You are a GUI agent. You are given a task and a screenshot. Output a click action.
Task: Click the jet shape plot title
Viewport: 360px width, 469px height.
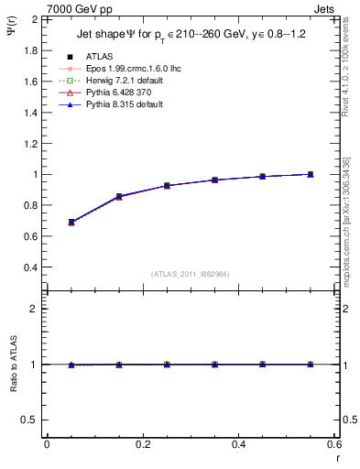[191, 35]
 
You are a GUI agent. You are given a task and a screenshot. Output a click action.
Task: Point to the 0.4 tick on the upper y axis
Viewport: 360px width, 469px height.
[31, 267]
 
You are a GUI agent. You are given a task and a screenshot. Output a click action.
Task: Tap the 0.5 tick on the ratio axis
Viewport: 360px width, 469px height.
[31, 420]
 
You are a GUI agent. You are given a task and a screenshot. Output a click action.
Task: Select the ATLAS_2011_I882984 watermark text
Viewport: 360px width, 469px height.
[190, 274]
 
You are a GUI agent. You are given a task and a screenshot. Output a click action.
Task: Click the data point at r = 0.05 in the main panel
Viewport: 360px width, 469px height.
[71, 223]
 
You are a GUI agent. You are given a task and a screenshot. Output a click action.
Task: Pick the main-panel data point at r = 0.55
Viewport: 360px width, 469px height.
[311, 174]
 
